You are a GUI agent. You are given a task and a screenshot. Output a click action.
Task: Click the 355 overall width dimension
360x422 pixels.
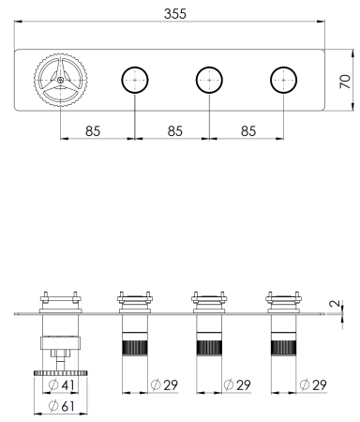tap(175, 14)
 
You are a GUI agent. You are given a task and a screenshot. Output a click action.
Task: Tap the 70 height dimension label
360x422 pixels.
tap(345, 82)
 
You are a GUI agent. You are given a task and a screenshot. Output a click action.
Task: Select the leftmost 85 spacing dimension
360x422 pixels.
tap(93, 131)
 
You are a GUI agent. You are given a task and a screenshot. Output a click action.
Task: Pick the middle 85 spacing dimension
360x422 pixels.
tap(175, 131)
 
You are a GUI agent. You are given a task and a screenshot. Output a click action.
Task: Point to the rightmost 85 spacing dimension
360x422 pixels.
tap(248, 131)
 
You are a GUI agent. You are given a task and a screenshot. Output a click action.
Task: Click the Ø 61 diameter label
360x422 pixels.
tap(62, 406)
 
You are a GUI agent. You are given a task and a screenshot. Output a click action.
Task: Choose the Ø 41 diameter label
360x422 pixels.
tap(62, 384)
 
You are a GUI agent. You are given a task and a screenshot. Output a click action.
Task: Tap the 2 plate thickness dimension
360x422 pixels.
tap(335, 303)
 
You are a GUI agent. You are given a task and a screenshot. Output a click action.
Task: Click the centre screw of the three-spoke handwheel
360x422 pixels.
tap(60, 80)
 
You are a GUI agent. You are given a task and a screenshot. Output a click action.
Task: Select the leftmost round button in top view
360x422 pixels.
tap(135, 80)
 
